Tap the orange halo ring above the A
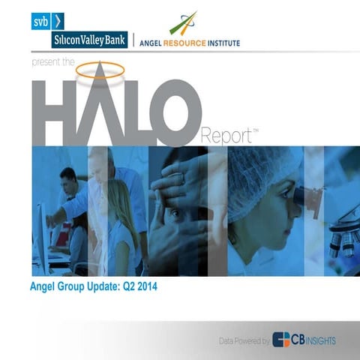click(100, 71)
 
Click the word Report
click(226, 136)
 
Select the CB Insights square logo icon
click(281, 340)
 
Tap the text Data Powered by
click(244, 341)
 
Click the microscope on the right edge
click(340, 225)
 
